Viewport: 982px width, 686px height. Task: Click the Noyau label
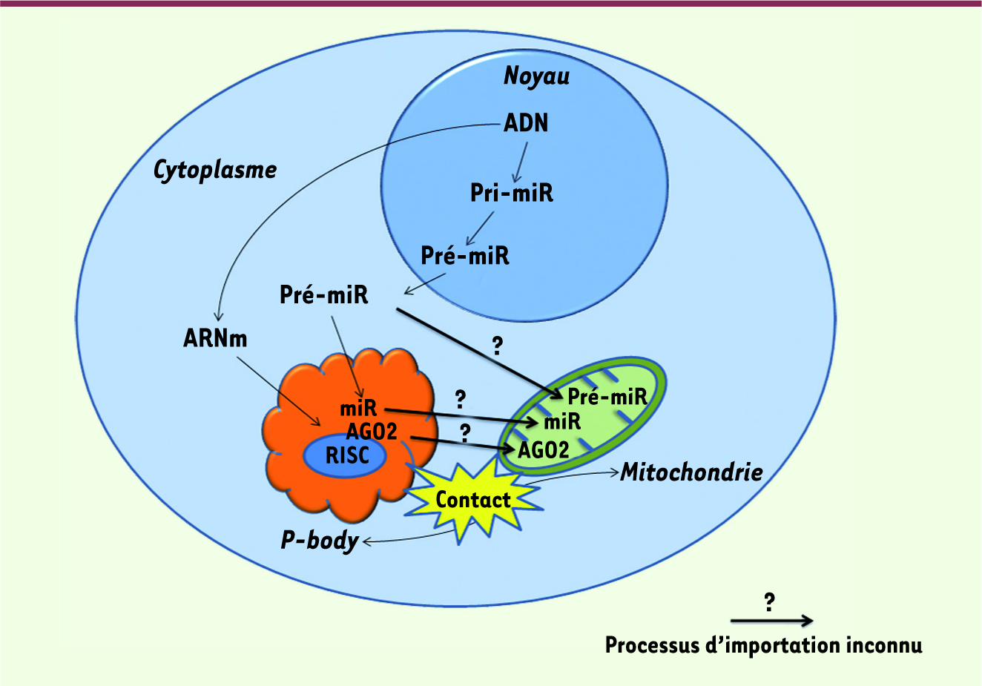coord(536,76)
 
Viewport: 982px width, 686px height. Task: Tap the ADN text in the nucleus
coord(526,122)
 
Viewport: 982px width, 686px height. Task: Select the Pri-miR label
coord(512,193)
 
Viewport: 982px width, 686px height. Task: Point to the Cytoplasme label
coord(215,171)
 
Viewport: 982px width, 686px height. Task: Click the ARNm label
coord(215,338)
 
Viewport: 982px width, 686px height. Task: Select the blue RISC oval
coord(345,455)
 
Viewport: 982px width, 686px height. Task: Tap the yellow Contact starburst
coord(473,500)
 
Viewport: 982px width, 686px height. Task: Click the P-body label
coord(320,541)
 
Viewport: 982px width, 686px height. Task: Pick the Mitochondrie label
coord(691,472)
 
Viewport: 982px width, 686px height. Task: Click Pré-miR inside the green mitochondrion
coord(607,397)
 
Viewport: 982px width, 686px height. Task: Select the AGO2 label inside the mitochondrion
coord(543,449)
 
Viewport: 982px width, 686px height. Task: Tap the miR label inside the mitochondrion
coord(562,422)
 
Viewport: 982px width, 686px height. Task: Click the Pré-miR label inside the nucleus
coord(465,256)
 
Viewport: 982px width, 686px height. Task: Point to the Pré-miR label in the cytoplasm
coord(324,294)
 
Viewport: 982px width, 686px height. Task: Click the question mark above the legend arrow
coord(769,602)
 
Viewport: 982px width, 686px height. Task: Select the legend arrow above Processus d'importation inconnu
coord(771,621)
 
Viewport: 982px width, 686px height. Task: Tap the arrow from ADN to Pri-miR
coord(521,162)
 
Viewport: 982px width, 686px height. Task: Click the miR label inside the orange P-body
coord(358,409)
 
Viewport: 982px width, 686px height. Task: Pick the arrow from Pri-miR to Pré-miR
coord(480,228)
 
